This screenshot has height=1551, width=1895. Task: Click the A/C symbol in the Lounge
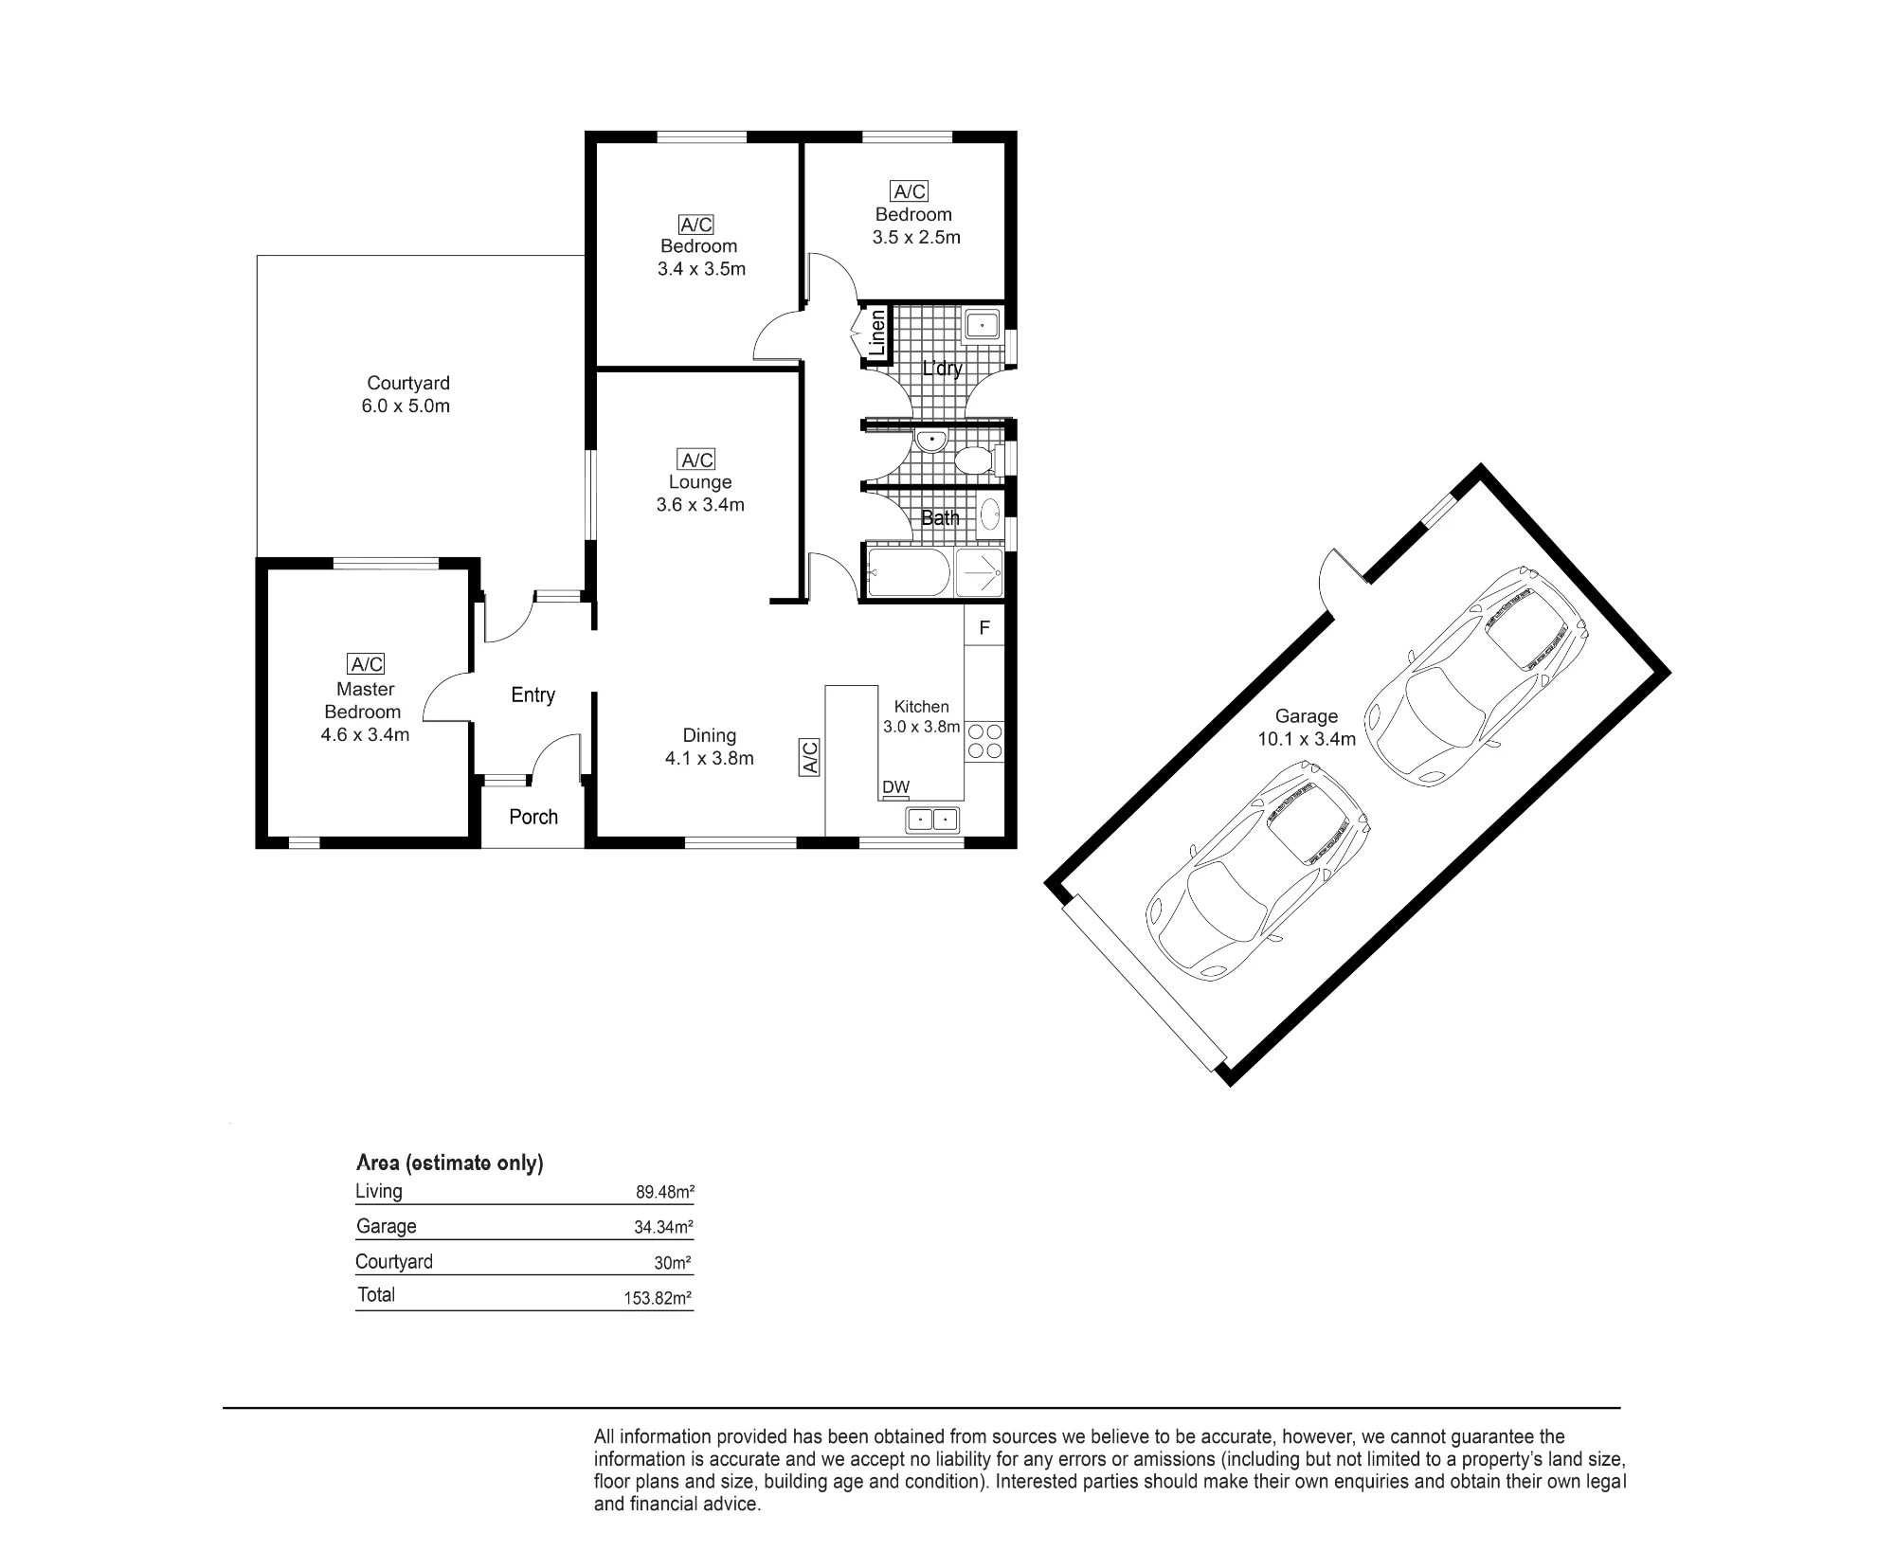coord(697,460)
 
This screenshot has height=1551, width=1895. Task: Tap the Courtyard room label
coord(408,383)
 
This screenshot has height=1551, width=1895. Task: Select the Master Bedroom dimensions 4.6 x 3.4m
coord(365,734)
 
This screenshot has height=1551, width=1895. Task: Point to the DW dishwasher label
coord(895,786)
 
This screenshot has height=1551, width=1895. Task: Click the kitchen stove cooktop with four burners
coord(984,741)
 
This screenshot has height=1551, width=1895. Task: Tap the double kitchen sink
coord(933,819)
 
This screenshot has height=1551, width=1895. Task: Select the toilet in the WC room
coord(978,460)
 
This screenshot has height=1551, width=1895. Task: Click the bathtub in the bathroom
coord(909,573)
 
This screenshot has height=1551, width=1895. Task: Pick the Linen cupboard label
coord(877,333)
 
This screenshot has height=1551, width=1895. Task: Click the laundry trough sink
coord(983,326)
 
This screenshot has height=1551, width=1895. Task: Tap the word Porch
coord(533,817)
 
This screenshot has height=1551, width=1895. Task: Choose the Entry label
coord(532,694)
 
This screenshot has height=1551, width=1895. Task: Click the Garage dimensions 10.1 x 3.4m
coord(1307,739)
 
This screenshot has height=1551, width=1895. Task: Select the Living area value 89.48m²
coord(665,1193)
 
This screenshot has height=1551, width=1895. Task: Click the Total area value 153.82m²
coord(659,1298)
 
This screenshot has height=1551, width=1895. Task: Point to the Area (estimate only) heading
coord(449,1163)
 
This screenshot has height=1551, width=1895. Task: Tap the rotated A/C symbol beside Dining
coord(810,757)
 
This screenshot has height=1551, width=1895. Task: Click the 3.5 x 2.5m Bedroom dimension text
coord(916,237)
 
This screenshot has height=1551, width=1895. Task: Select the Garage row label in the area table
coord(386,1226)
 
